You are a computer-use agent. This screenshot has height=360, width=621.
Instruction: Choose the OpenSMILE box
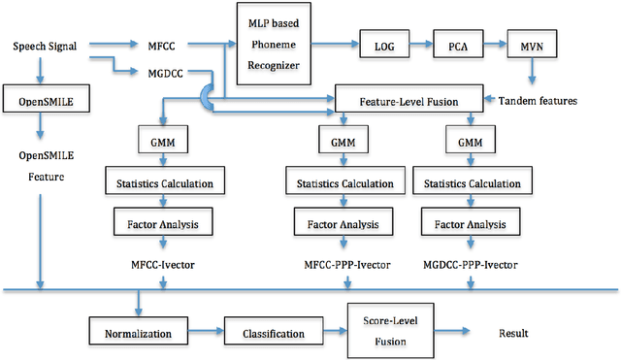[39, 100]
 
